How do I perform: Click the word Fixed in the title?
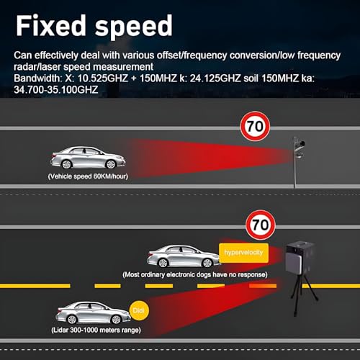tap(51, 25)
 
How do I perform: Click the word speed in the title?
tap(134, 27)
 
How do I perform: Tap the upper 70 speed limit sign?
tap(255, 126)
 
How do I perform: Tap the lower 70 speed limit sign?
tap(261, 225)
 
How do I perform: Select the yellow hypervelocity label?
tap(243, 253)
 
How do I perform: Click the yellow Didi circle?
tap(139, 310)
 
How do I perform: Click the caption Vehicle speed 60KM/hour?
tap(88, 176)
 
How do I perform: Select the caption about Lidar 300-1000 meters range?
tap(96, 330)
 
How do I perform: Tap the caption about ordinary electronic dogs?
tap(195, 274)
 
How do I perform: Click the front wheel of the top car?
tap(111, 164)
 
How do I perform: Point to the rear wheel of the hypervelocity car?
tap(163, 263)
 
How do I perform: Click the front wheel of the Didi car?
tap(116, 320)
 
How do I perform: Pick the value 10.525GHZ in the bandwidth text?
tap(103, 78)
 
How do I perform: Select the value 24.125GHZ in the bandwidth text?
tap(215, 78)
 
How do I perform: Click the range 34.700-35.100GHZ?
tap(56, 90)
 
